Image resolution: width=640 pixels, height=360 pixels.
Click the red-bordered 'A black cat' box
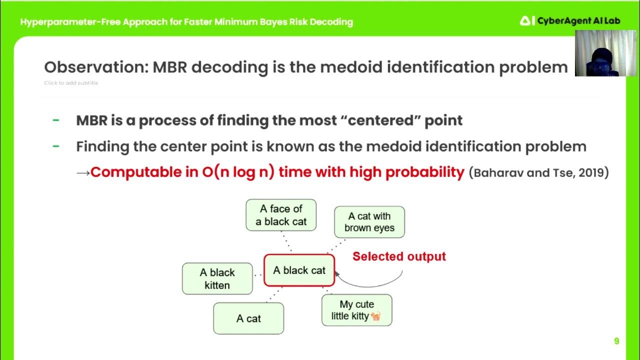tap(299, 270)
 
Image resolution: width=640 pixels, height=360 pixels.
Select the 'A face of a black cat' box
tap(281, 215)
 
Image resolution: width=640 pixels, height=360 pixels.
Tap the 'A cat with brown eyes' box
tap(369, 222)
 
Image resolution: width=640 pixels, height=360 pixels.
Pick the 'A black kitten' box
tap(217, 278)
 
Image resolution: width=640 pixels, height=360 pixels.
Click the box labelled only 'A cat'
tap(248, 318)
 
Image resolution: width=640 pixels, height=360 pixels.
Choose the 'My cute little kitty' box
tap(356, 310)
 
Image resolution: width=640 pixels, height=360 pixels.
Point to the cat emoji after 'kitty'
tap(376, 316)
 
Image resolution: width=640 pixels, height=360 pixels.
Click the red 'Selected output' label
tap(398, 256)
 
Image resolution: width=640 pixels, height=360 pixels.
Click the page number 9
tap(616, 341)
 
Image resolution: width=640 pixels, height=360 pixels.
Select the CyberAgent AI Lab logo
tap(562, 20)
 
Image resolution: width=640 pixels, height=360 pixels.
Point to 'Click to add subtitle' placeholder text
tap(71, 83)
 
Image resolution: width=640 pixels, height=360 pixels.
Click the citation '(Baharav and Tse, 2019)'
tap(538, 173)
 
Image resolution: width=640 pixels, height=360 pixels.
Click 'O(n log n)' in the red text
tap(238, 172)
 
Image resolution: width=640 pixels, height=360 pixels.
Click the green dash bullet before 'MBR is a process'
tap(56, 120)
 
